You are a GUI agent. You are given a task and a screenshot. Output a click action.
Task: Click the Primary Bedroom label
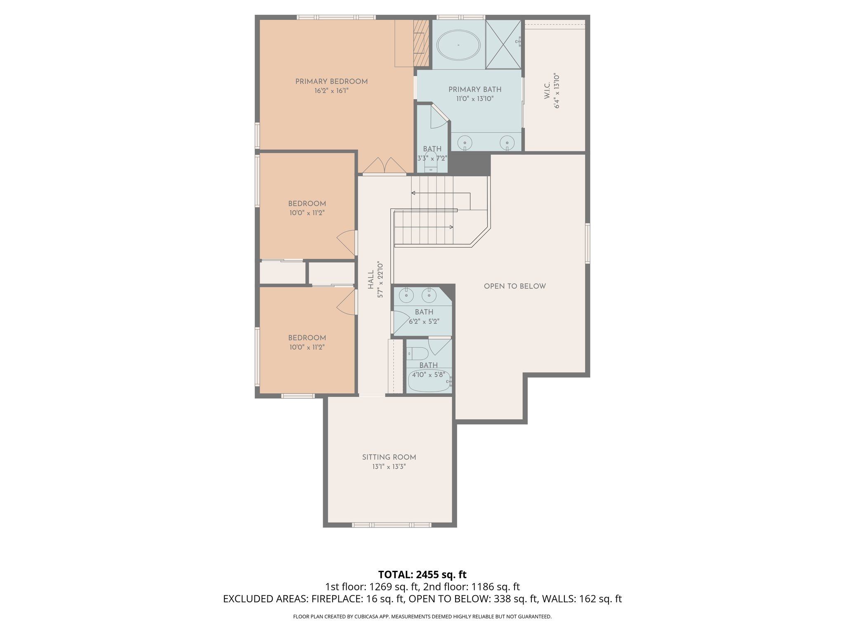(331, 81)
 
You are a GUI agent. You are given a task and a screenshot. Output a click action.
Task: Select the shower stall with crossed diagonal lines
(503, 44)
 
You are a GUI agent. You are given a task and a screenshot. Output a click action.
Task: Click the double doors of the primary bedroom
(384, 166)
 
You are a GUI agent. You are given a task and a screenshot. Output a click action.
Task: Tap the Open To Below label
(515, 286)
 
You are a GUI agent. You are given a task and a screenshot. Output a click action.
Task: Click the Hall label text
(371, 279)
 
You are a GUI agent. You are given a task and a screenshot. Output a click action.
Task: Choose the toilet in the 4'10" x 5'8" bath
(418, 354)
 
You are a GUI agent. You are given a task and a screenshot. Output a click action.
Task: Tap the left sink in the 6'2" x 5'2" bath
(406, 295)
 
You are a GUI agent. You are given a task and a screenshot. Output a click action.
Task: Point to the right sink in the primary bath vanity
(507, 143)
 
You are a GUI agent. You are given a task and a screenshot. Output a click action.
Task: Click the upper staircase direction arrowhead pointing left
(413, 193)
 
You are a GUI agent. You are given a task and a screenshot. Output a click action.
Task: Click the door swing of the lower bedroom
(347, 302)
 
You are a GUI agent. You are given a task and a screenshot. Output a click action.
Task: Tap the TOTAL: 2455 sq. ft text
(422, 574)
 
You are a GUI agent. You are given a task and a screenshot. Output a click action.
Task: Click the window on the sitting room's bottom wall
(391, 525)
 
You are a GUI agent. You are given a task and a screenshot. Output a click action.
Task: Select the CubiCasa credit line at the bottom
(422, 617)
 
